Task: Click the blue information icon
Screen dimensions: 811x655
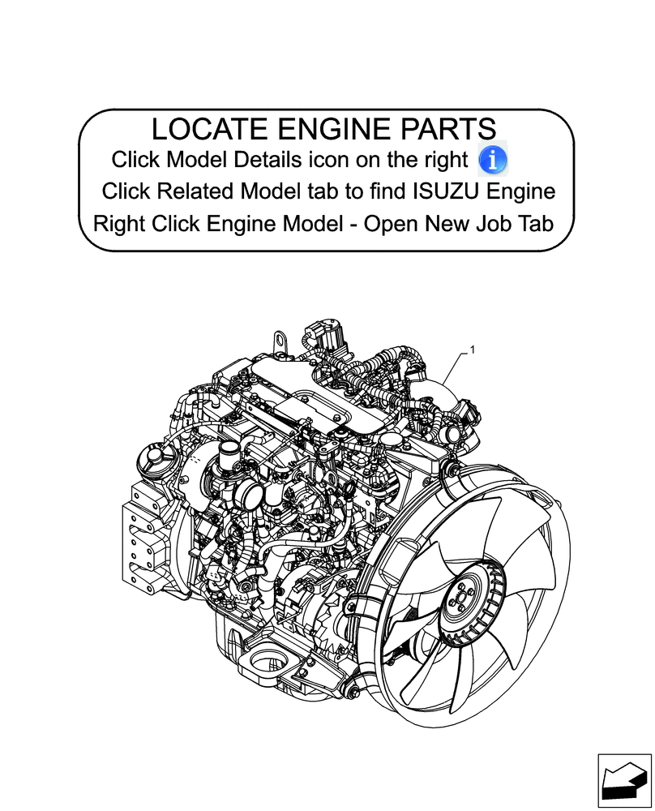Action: [493, 159]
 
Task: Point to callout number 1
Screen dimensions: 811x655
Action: [472, 350]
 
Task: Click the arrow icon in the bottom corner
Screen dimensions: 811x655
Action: [623, 782]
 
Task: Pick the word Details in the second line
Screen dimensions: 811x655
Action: [238, 159]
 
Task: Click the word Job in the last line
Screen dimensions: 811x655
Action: [491, 224]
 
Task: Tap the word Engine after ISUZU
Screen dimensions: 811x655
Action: [526, 192]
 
